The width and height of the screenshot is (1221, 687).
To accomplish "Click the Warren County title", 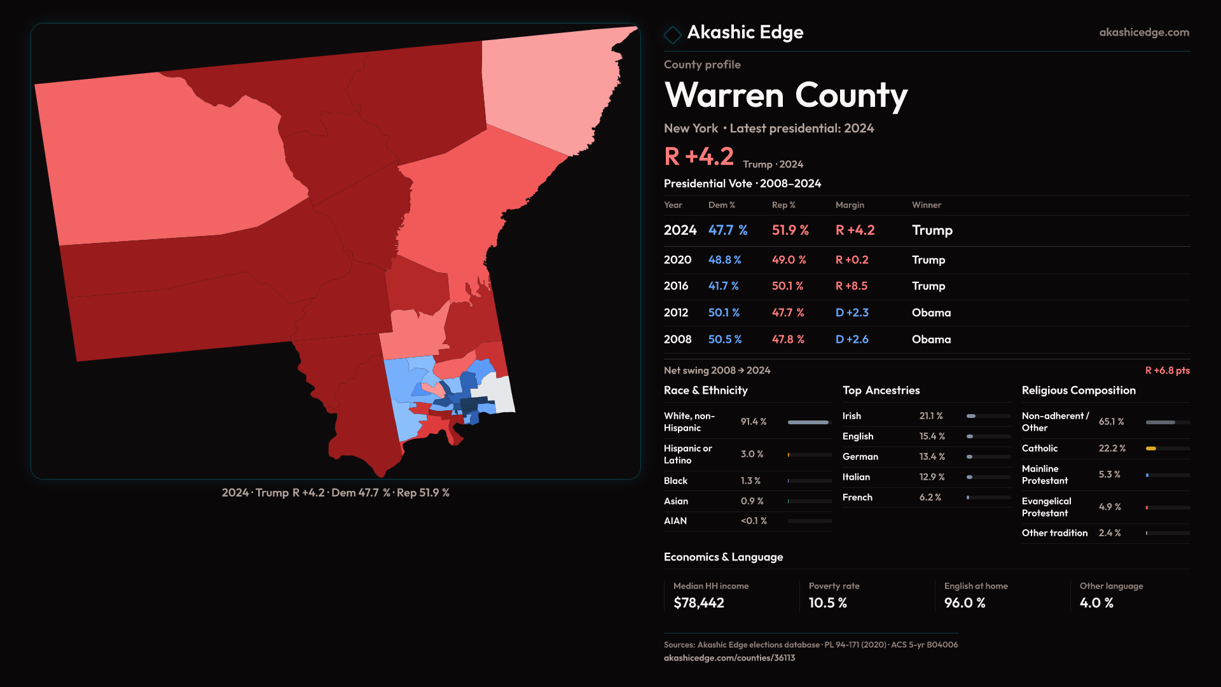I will [785, 95].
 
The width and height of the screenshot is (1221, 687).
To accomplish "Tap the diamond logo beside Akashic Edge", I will [672, 34].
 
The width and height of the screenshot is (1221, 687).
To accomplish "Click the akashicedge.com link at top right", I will [1143, 32].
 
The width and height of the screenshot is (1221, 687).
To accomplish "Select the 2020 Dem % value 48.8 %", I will [724, 260].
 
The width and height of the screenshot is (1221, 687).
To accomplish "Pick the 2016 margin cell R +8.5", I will [851, 286].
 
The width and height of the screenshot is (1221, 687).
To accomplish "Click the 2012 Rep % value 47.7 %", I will [787, 313].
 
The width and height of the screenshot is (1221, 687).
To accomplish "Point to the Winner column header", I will [926, 205].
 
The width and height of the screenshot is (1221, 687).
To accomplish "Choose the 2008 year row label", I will [677, 340].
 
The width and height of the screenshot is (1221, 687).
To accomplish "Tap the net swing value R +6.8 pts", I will [1167, 370].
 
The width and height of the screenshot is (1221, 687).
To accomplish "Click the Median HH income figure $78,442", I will [698, 603].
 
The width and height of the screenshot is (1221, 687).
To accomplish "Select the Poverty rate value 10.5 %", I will [827, 603].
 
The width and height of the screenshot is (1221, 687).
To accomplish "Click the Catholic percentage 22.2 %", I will [1112, 448].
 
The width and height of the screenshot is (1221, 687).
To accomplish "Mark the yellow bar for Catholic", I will [1151, 448].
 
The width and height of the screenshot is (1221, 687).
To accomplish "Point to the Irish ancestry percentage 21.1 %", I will [930, 416].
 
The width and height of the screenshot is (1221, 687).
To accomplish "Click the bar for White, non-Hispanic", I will [808, 422].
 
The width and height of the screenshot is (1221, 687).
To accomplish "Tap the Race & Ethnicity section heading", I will [705, 391].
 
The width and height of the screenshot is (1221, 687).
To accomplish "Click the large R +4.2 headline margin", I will [698, 156].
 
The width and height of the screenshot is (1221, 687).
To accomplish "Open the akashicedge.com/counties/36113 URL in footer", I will [729, 658].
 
